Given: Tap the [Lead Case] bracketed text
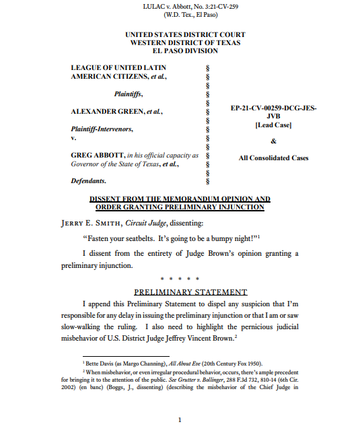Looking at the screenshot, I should pyautogui.click(x=273, y=125).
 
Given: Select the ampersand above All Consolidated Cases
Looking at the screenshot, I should pyautogui.click(x=273, y=141).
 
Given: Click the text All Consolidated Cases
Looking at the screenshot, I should pyautogui.click(x=273, y=158).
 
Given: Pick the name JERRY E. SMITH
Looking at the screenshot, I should pyautogui.click(x=104, y=222).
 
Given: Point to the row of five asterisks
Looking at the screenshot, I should pyautogui.click(x=180, y=278).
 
